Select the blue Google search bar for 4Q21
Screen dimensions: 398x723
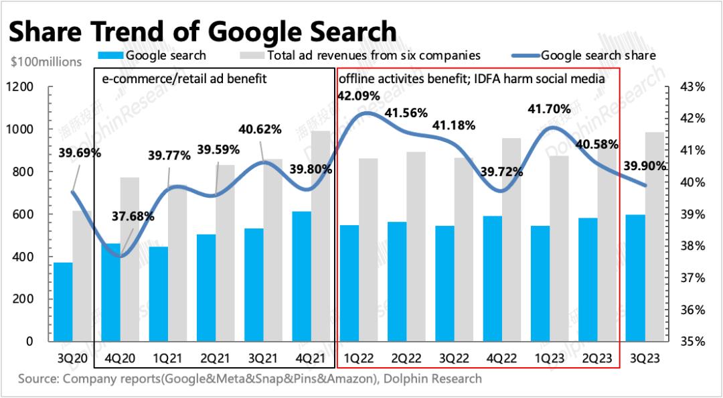[302, 276]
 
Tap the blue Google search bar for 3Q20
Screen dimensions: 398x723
[63, 302]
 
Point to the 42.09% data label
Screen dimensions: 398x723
[357, 96]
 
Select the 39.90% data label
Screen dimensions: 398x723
[645, 166]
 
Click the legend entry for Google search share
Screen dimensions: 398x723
[598, 56]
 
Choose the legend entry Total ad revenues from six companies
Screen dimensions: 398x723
[373, 56]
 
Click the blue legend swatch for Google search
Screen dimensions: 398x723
[110, 56]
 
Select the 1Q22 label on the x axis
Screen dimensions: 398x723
[359, 359]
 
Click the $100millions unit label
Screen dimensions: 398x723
[46, 62]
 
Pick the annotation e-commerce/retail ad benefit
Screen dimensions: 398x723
[184, 78]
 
